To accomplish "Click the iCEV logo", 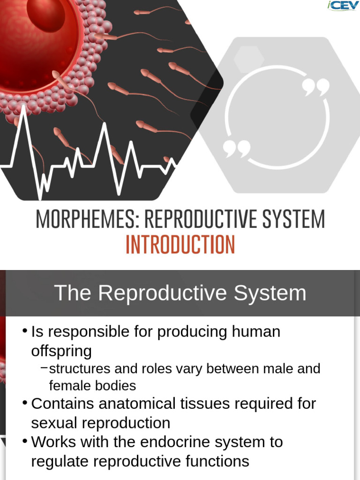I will point(344,6).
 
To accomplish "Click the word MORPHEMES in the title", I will point(86,219).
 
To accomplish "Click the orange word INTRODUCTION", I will point(180,245).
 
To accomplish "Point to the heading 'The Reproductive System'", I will point(180,293).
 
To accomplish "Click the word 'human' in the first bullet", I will point(255,332).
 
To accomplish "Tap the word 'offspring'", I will point(61,351).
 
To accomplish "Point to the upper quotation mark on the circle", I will point(315,87).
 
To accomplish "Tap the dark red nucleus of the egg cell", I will point(45,14).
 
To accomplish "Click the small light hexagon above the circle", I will point(248,57).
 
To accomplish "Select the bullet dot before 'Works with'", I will point(25,441).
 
